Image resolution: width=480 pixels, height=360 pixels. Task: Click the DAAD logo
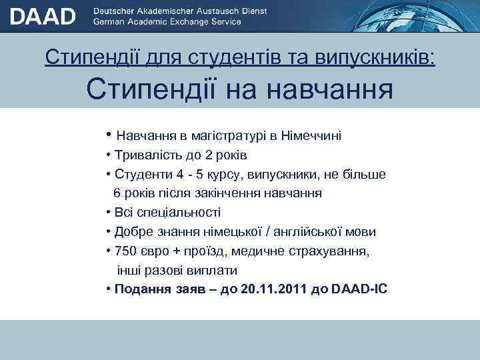(42, 16)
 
